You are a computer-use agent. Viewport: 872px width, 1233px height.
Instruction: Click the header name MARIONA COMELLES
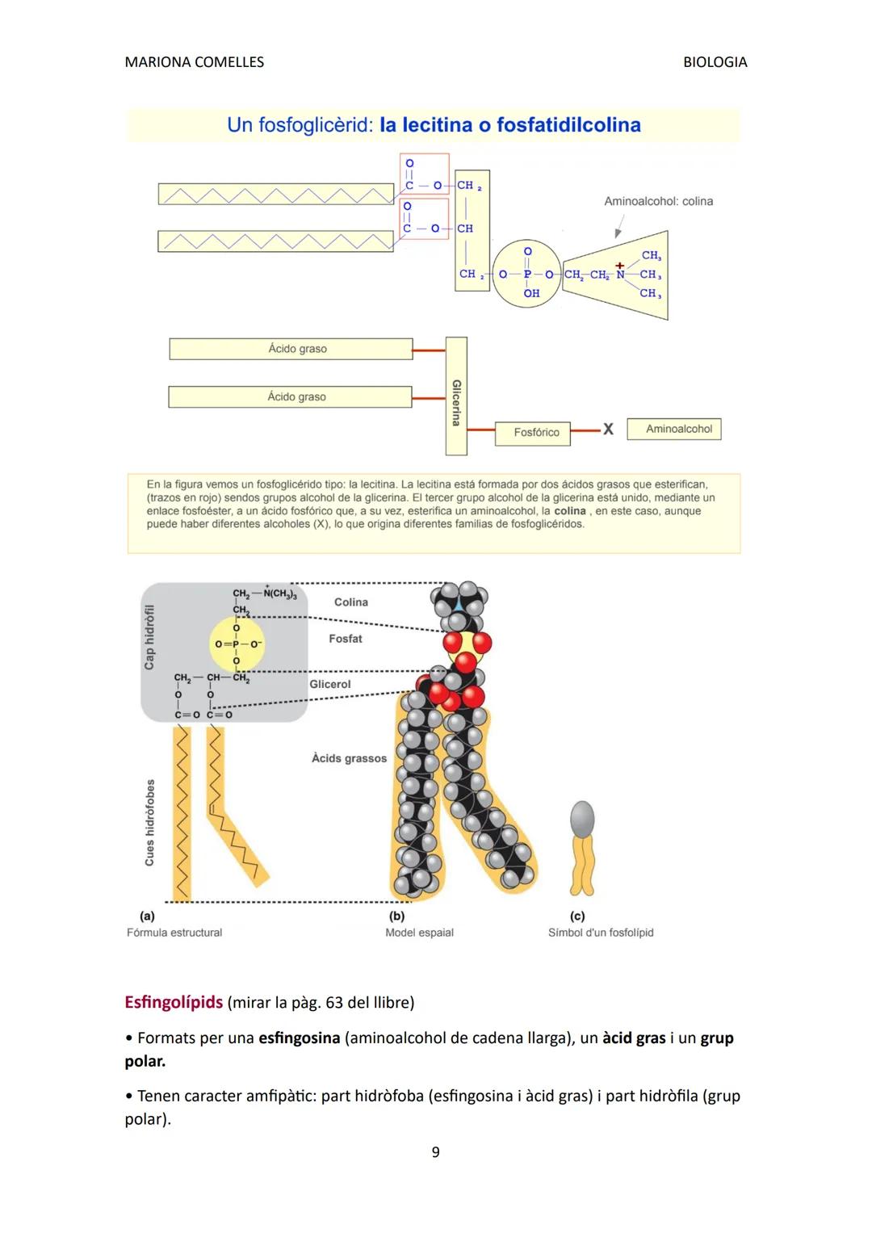coord(194,62)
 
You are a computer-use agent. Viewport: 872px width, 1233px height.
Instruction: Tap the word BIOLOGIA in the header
coord(715,62)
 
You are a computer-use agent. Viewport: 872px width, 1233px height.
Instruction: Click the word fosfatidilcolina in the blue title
coord(568,125)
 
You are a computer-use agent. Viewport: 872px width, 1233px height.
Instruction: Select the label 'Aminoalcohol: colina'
coord(658,201)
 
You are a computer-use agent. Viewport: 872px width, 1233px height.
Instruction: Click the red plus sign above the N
coord(620,265)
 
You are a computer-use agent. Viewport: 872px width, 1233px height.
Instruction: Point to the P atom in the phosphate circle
coord(527,275)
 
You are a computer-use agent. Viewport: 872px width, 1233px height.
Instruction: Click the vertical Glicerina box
coord(456,396)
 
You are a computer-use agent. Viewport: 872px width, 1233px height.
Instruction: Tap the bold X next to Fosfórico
coord(608,430)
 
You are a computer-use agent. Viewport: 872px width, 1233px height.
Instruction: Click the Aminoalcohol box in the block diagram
coord(678,429)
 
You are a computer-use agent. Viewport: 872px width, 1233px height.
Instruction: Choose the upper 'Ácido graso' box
coord(297,349)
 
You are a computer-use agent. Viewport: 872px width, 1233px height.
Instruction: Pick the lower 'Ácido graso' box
coord(296,396)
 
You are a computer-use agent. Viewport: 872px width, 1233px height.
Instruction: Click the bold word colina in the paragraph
coord(569,511)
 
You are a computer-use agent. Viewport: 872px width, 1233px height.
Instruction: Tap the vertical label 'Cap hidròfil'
coord(149,637)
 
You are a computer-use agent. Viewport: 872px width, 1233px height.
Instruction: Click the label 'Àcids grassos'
coord(349,758)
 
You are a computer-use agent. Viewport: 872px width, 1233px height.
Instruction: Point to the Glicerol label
coord(330,684)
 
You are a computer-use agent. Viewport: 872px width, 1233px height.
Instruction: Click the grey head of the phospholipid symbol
coord(582,819)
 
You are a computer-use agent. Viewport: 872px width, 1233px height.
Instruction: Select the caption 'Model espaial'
coord(419,933)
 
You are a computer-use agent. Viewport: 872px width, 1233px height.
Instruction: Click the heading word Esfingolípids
coord(174,1002)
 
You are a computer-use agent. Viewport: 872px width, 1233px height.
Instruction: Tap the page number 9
coord(435,1152)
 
